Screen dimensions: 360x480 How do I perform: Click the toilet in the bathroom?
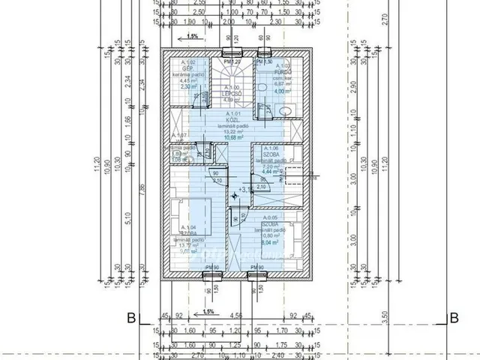pos(284,111)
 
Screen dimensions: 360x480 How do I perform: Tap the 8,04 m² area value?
pos(267,242)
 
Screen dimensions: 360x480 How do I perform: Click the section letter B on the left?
pos(130,317)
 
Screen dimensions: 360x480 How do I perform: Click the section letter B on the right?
pos(452,317)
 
